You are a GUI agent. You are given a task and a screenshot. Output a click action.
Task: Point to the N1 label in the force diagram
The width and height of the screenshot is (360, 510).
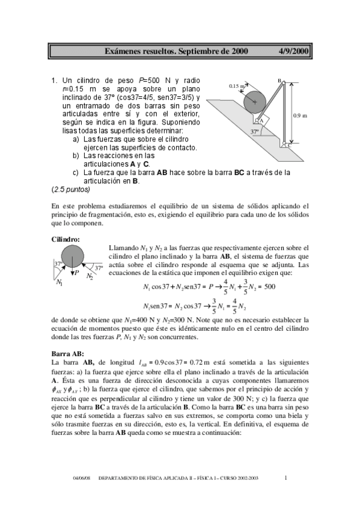click(59, 282)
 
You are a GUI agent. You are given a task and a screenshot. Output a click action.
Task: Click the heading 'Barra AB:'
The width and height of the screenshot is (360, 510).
click(68, 354)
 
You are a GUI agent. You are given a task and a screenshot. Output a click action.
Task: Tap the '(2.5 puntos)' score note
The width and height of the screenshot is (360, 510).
click(70, 189)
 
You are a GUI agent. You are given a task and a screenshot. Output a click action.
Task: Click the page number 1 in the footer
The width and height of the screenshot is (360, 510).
click(286, 478)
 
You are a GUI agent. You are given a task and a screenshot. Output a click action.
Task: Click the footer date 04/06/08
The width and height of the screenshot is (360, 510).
click(81, 478)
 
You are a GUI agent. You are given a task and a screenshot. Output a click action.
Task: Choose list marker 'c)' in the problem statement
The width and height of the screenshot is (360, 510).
click(76, 173)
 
